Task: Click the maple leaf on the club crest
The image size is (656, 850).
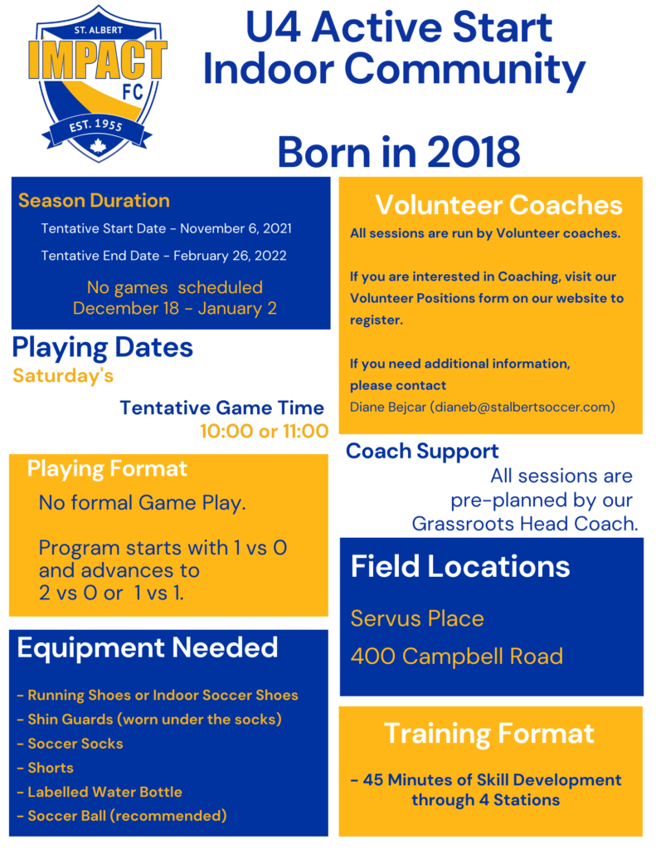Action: tap(98, 146)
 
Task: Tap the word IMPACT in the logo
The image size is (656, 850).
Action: tap(98, 60)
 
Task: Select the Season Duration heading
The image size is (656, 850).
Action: tap(94, 201)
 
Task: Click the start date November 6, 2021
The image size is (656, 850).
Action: tap(236, 229)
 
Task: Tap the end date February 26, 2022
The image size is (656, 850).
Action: tap(230, 256)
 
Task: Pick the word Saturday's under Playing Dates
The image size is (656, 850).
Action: tap(63, 376)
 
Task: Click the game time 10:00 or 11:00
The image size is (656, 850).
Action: tap(265, 432)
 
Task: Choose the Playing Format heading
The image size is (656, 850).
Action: tap(107, 469)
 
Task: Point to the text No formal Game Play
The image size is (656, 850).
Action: tap(142, 503)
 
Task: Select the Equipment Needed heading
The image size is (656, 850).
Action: tap(148, 647)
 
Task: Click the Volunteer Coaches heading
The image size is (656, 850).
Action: tap(499, 205)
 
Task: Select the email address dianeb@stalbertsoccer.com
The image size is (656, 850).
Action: tap(522, 407)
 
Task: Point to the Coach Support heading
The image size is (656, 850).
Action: tap(422, 452)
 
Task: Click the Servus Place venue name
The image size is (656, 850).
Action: tap(417, 618)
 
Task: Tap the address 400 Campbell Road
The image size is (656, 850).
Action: tap(457, 657)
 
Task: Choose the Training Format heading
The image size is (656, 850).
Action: tap(489, 734)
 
